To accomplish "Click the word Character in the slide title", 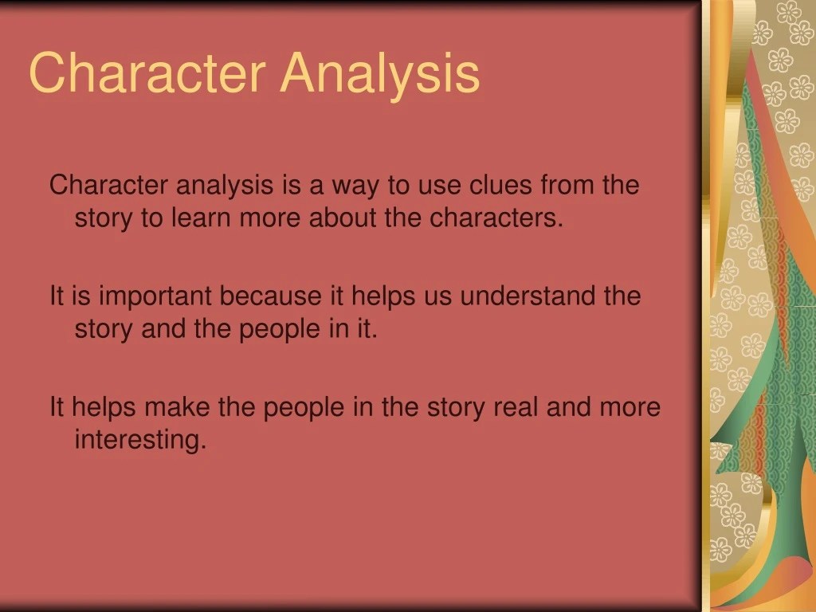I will (x=146, y=73).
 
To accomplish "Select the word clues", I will (x=501, y=186).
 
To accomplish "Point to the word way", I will (x=356, y=186).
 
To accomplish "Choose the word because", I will (x=272, y=296).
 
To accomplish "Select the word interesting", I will (x=140, y=440).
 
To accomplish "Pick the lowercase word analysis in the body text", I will (x=224, y=186).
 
